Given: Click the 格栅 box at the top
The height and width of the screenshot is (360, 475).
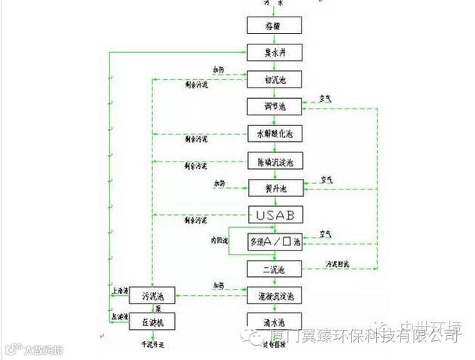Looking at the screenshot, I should [275, 25].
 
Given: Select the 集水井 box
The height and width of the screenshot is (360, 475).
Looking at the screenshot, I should [275, 52].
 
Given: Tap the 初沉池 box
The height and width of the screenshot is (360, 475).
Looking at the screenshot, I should [275, 78].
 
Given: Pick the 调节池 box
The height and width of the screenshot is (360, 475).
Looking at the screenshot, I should [275, 106].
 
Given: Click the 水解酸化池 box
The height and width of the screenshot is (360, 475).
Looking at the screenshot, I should [275, 133].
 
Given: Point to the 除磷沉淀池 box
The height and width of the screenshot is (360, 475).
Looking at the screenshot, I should [275, 160].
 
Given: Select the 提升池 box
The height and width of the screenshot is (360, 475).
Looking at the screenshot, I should [275, 186].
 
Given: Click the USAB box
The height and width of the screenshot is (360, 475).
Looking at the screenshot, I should [275, 214].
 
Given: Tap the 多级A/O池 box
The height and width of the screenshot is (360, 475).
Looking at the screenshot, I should [275, 242].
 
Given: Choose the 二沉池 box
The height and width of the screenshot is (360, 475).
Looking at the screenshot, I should [275, 268].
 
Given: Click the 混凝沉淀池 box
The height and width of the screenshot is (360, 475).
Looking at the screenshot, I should [275, 295].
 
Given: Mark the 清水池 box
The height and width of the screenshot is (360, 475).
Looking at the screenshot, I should [275, 322].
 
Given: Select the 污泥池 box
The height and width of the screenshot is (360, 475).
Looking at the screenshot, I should [156, 295].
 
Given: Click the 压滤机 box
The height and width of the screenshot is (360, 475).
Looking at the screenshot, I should [156, 322].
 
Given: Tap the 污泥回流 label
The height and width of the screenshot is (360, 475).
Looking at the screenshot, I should [337, 264].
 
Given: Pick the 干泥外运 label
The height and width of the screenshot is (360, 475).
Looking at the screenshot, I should [157, 343].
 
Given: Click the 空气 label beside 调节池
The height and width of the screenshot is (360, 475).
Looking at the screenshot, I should [326, 98].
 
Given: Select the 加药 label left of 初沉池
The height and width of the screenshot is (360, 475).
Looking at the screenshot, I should [218, 69].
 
